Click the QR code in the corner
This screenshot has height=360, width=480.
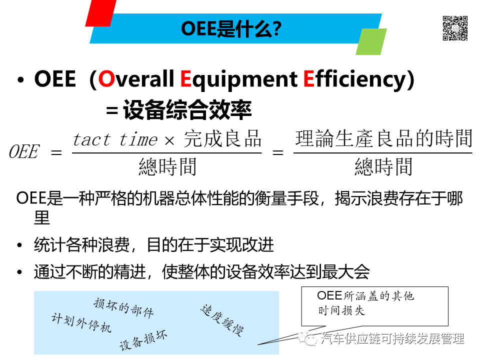coord(454,28)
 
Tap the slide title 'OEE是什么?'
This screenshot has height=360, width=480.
coord(231,29)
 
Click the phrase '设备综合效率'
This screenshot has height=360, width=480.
coord(187,110)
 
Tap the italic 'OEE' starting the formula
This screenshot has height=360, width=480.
coord(23,152)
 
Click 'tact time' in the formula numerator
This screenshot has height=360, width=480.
coord(115,139)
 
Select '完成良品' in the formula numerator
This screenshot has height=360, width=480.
coord(222,139)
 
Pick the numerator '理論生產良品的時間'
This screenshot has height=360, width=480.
coord(383,138)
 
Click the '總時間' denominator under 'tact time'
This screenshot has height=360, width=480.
coord(167,166)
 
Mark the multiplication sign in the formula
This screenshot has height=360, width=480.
coord(169,140)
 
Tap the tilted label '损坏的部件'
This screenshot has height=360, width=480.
coord(123,307)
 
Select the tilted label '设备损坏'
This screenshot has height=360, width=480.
coord(143,341)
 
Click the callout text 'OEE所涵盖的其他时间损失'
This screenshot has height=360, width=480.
coord(366,303)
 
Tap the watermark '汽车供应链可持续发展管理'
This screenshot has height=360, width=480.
coord(393,339)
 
